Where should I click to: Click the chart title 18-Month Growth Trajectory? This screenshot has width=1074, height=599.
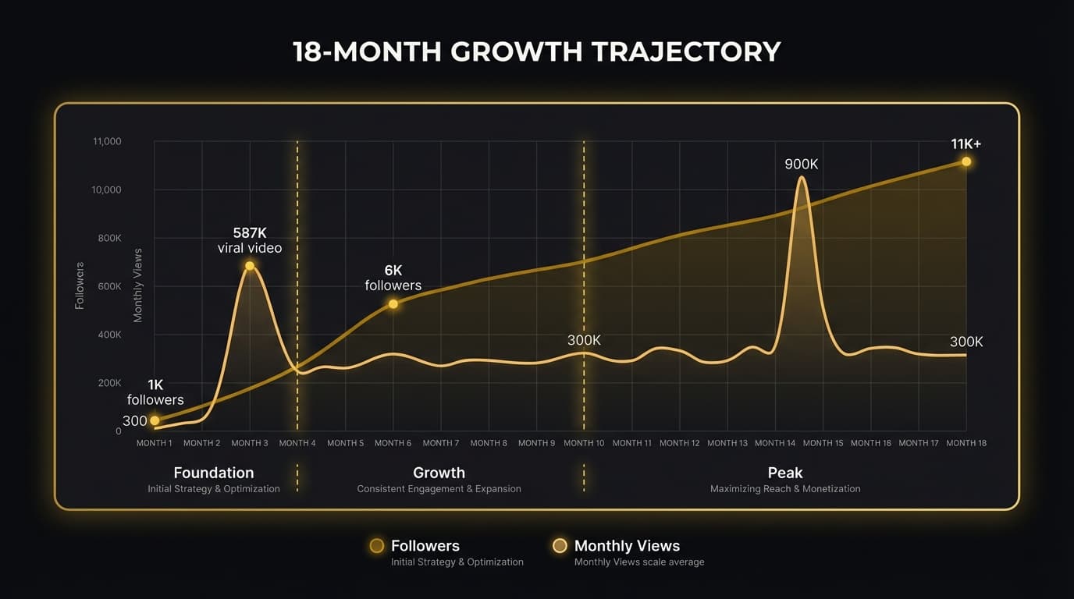536,52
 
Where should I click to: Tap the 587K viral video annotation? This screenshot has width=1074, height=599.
250,240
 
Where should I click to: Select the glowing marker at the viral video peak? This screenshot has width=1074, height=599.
250,266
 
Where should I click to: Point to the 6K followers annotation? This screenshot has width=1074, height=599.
393,278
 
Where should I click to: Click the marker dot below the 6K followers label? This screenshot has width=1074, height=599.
393,303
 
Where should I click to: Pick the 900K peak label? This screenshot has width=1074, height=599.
802,165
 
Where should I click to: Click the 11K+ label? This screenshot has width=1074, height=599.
966,144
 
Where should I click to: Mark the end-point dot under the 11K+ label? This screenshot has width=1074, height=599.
966,161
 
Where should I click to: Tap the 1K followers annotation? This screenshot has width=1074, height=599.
155,392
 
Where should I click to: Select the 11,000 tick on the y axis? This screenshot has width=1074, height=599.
107,142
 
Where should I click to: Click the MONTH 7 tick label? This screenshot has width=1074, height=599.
441,443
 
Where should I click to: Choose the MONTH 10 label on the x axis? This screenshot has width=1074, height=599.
584,443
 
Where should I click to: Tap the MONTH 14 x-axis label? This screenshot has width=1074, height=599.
775,443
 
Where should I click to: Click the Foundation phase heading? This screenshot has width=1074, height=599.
214,473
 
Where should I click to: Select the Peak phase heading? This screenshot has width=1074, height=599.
785,473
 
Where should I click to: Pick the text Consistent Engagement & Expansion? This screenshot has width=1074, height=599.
439,489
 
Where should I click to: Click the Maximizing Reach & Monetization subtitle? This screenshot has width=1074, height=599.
785,489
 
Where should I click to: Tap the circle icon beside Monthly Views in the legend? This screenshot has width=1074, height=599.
560,546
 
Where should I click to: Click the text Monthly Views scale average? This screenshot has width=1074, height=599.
639,562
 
